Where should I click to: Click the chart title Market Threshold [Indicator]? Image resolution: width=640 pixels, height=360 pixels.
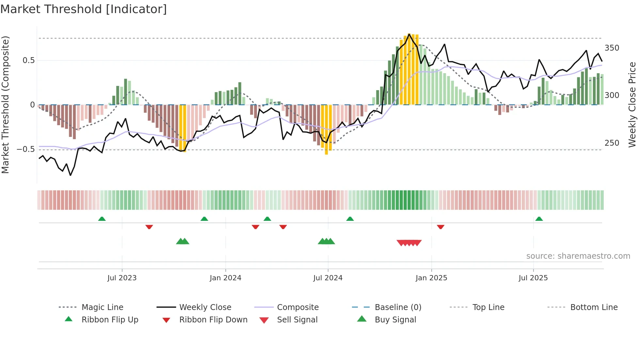click(84, 9)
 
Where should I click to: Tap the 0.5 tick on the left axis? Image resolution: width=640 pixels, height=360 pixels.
click(28, 60)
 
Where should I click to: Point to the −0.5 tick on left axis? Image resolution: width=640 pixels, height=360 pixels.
click(26, 149)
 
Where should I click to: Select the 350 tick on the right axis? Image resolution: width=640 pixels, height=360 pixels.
click(612, 48)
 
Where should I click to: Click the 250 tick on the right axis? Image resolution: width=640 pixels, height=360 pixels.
click(612, 143)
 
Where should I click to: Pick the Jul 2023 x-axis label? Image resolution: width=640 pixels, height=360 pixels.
click(122, 278)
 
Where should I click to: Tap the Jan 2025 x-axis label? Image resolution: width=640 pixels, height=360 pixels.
click(431, 278)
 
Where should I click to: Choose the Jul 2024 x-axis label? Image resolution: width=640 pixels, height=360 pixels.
click(328, 278)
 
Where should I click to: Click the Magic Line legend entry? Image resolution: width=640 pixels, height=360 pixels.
click(102, 307)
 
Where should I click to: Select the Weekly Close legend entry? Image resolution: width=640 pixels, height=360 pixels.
click(205, 307)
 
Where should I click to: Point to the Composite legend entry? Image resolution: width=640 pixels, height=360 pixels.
click(297, 307)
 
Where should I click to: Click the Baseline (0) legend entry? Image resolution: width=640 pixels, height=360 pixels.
click(398, 307)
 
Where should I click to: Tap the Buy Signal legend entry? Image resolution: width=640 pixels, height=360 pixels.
click(395, 320)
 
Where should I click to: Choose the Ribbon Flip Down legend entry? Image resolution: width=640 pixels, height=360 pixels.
click(213, 320)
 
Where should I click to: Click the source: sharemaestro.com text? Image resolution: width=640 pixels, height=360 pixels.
click(578, 256)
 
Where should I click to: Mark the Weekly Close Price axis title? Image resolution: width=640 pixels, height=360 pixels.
click(632, 105)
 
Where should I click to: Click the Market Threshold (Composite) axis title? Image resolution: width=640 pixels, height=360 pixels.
click(5, 105)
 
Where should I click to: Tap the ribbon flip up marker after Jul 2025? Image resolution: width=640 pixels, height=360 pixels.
click(539, 219)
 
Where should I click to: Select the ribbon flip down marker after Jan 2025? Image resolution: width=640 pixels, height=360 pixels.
click(440, 227)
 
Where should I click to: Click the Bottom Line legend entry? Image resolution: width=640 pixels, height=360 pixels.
click(594, 307)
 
